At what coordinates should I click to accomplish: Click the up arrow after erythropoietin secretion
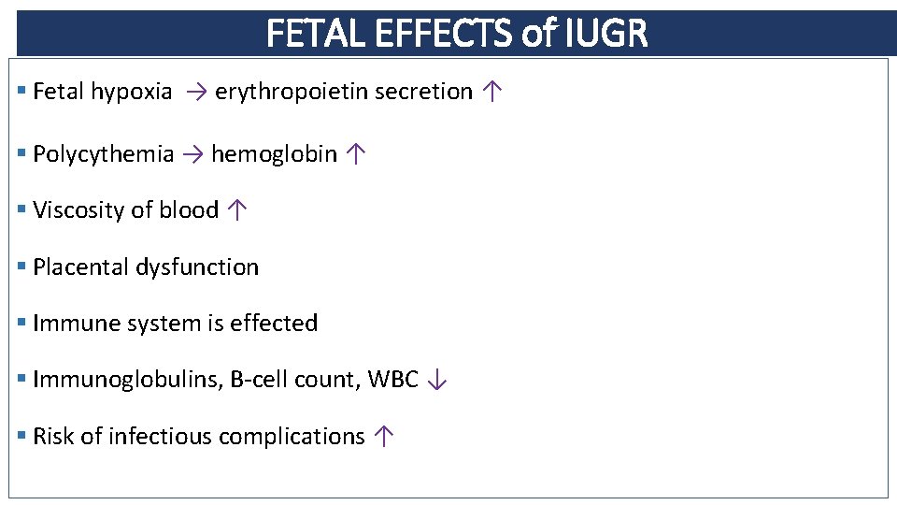click(x=493, y=92)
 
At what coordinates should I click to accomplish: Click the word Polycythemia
click(x=103, y=154)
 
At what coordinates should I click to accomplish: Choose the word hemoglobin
click(x=274, y=154)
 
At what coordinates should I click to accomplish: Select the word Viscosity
click(x=78, y=210)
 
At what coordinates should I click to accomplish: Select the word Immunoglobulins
click(x=125, y=380)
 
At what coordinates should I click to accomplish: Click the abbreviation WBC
click(x=392, y=380)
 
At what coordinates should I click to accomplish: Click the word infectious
click(x=160, y=437)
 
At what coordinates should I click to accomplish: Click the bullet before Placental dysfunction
click(x=22, y=267)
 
